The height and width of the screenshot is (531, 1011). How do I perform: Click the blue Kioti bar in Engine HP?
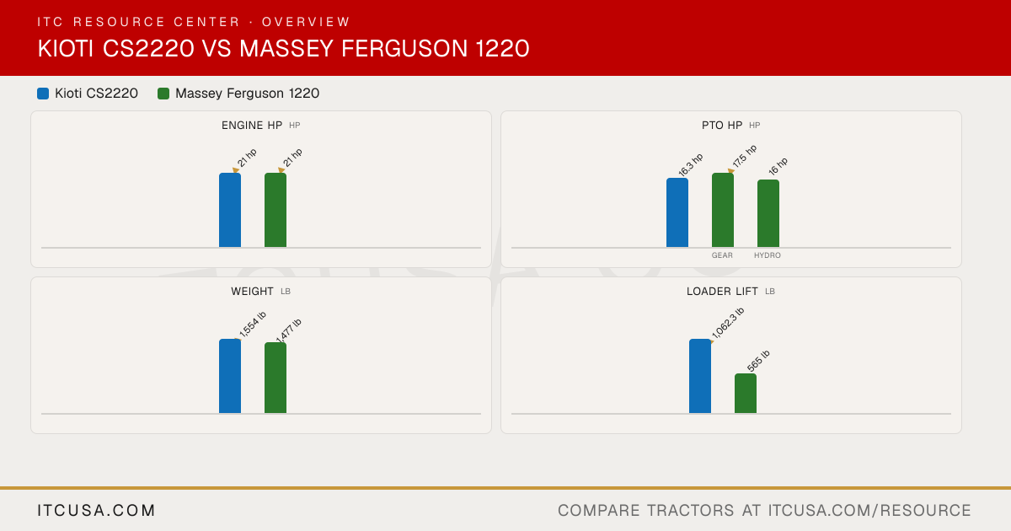pos(230,210)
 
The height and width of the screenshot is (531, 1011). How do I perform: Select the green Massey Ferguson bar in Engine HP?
pos(275,210)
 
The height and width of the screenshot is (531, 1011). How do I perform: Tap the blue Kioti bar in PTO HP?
pos(677,212)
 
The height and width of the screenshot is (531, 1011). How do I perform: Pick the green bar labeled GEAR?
pos(723,210)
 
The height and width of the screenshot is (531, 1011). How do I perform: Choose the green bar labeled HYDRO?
pos(768,213)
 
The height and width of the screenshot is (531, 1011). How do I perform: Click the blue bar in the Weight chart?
pos(230,376)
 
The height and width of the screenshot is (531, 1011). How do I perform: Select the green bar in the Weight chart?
pos(275,378)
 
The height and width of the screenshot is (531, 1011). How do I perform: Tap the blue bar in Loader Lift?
pos(700,376)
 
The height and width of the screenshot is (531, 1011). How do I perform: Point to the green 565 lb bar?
pos(746,394)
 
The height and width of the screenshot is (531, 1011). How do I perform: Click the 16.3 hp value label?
pos(691,165)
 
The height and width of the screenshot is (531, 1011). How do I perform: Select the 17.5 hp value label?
pos(745,156)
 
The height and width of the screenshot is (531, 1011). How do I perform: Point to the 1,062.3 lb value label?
pos(728,323)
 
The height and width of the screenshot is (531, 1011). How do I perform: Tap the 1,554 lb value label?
pos(253,324)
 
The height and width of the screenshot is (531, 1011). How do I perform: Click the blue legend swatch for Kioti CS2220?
pos(43,94)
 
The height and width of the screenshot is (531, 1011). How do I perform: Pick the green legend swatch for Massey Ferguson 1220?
pos(163,94)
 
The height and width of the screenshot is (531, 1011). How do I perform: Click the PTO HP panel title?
pos(722,125)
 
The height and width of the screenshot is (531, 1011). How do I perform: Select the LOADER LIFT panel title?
pos(722,292)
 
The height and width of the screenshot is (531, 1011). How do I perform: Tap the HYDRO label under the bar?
pos(768,255)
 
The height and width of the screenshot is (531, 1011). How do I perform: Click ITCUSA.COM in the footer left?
pos(96,510)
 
